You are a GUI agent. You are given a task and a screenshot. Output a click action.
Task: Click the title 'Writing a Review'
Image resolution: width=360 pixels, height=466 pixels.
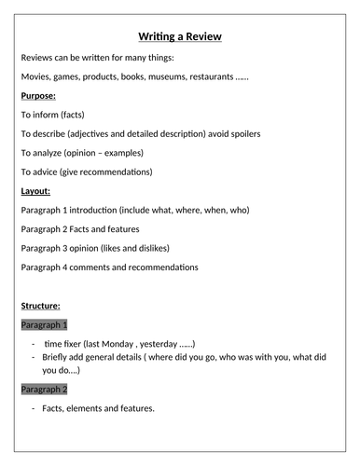pyautogui.click(x=180, y=36)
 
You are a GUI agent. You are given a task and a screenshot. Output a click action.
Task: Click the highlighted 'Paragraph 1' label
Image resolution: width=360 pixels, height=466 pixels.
pyautogui.click(x=44, y=324)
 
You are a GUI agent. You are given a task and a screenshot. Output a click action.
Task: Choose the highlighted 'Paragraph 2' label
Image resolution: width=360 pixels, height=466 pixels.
pyautogui.click(x=44, y=388)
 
